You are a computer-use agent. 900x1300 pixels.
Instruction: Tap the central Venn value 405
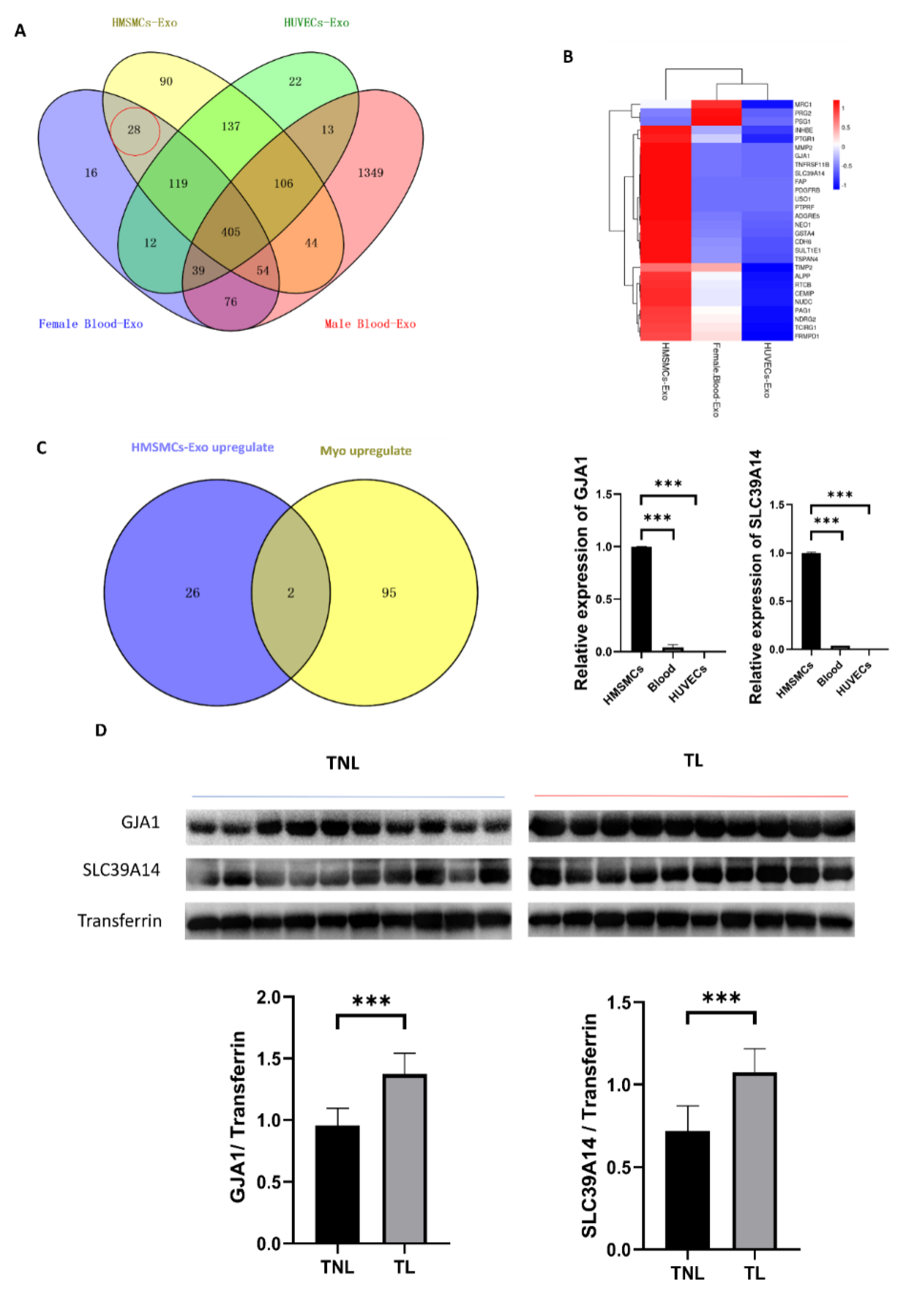pos(231,232)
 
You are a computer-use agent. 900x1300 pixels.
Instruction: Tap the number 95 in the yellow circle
pos(389,593)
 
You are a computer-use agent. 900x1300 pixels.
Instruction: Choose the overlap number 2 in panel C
pos(290,593)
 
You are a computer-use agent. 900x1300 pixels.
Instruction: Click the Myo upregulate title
pos(365,451)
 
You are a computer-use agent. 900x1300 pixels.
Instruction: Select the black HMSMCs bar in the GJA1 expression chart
pos(641,599)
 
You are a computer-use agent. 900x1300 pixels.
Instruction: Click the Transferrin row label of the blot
pos(119,921)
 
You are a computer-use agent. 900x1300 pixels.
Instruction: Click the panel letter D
pos(101,731)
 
